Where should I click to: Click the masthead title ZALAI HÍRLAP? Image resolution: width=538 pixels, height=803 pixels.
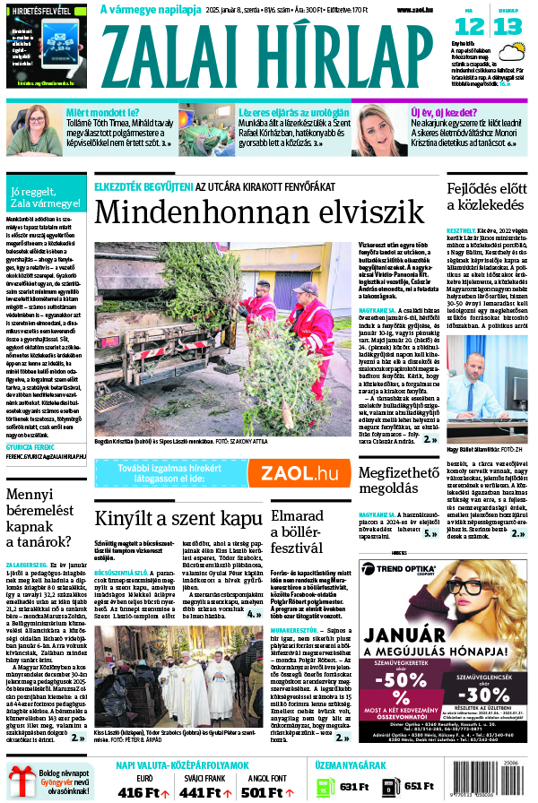pos(274,57)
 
